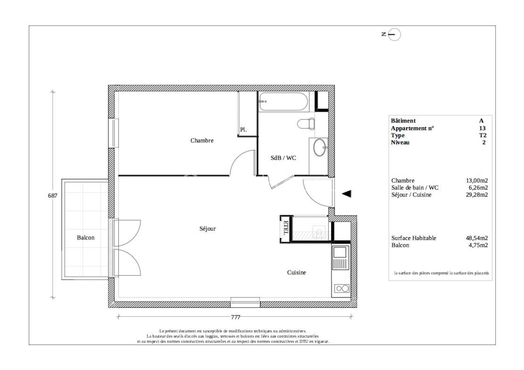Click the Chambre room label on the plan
pos(202,140)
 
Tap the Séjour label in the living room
pos(208,229)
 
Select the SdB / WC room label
pos(283,158)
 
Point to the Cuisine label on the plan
pos(296,272)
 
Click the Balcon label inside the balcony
pos(85,238)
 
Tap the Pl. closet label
pos(243,130)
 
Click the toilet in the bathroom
pos(306,124)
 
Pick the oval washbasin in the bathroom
pos(320,147)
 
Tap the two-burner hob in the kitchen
pos(342,288)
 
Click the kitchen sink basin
pos(339,252)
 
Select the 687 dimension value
pos(53,195)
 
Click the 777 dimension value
pos(235,317)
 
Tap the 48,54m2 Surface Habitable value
pos(477,238)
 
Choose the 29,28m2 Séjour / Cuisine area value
pos(477,195)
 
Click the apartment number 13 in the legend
pos(482,128)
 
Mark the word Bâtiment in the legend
pos(403,121)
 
